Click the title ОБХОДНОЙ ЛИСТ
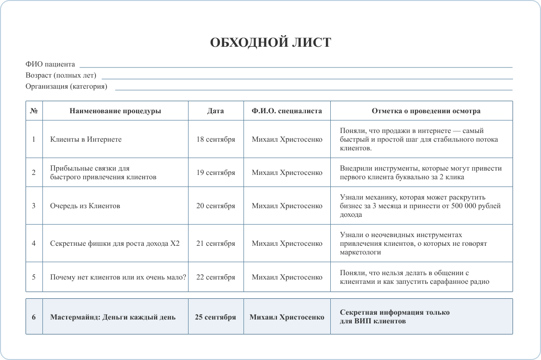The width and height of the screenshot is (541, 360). [270, 43]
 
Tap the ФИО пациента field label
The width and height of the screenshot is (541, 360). [50, 64]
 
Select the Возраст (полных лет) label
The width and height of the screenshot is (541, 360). [61, 75]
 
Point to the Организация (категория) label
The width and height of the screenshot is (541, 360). [67, 87]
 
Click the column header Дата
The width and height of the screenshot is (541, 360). [216, 111]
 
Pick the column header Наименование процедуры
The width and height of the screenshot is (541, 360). [115, 111]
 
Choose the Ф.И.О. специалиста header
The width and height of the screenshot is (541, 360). [286, 111]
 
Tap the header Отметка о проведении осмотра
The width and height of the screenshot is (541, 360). [426, 111]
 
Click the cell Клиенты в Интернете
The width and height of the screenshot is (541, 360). [86, 139]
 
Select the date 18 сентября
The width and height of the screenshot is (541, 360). [216, 139]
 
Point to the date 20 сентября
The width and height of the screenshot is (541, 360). [216, 206]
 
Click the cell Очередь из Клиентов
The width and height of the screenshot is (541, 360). [85, 206]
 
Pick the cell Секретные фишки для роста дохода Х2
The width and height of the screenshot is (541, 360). [115, 243]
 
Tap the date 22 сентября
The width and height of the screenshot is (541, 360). [216, 277]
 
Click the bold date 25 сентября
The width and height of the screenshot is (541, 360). [216, 317]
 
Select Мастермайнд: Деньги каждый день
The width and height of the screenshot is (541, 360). [113, 317]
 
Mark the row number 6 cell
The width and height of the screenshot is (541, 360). [34, 317]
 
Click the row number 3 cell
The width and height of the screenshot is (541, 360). [34, 206]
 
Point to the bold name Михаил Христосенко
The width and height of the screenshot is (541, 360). [287, 317]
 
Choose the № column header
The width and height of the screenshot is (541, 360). [34, 111]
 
